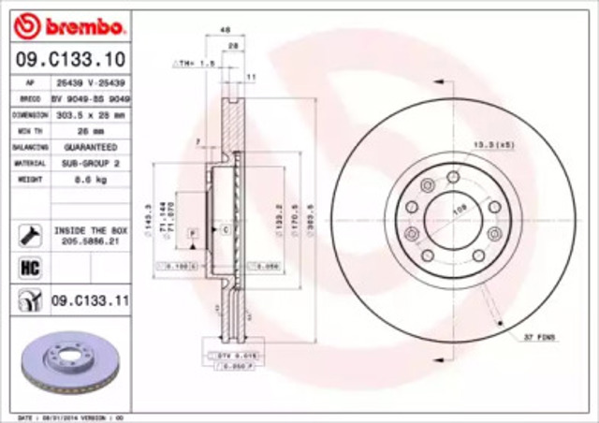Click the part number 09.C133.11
(x=89, y=300)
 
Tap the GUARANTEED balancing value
(x=91, y=148)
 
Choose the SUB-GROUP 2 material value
(x=91, y=161)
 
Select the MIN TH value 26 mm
(x=91, y=130)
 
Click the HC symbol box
(x=28, y=268)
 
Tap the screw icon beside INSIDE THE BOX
(x=28, y=233)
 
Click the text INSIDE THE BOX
(x=91, y=228)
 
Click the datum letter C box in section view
(x=226, y=227)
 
